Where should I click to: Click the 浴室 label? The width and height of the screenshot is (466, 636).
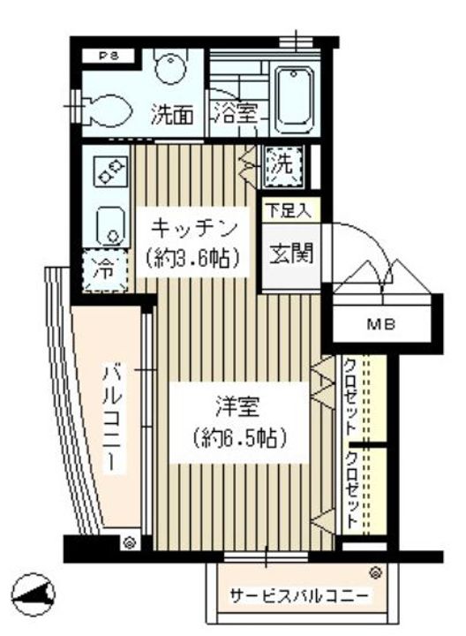point(235,114)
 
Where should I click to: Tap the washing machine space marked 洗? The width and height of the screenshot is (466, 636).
point(283,163)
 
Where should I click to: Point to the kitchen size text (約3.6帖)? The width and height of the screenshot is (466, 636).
point(194,259)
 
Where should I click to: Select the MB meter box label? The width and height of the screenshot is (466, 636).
point(381,324)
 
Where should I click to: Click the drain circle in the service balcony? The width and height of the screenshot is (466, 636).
point(375,572)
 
